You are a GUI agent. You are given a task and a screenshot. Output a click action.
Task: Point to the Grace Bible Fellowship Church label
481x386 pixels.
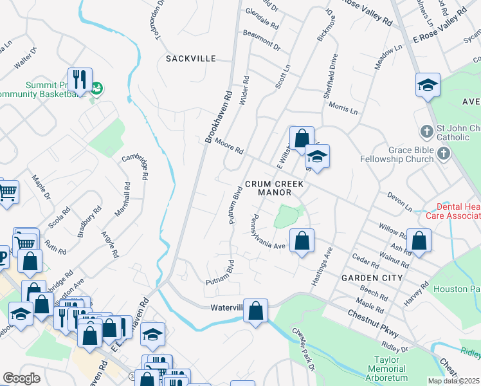(405, 154)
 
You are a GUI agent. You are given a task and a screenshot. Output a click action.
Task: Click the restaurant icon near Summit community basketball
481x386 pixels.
(80, 79)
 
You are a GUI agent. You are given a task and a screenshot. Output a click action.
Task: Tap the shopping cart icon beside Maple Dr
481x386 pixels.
(6, 191)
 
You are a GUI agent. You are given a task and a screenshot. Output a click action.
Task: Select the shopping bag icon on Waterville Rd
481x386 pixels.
(256, 311)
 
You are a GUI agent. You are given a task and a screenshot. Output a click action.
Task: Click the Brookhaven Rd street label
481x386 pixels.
(219, 116)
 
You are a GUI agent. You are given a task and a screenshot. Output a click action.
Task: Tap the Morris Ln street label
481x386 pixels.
(342, 107)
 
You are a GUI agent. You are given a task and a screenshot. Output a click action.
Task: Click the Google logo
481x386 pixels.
(21, 379)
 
